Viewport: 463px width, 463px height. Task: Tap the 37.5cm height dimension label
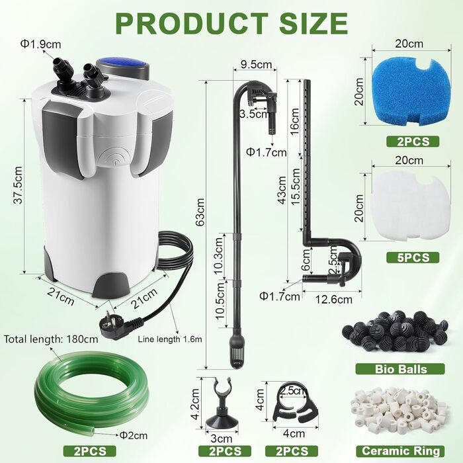(19, 185)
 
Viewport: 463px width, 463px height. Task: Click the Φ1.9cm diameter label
(40, 44)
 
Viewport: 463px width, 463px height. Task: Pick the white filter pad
(411, 207)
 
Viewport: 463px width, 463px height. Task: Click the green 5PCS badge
(413, 258)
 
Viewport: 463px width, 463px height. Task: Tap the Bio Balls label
(400, 369)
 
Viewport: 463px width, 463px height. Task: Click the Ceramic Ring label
(400, 451)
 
